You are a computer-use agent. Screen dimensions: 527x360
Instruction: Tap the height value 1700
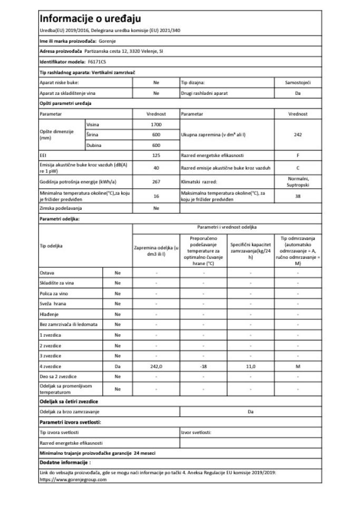coord(156,124)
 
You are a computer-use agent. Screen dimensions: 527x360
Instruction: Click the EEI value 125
coord(156,155)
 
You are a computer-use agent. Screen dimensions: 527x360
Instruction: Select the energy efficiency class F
coord(298,155)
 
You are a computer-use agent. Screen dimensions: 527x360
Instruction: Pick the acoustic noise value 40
coord(156,168)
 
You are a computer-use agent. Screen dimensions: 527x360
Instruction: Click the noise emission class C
coord(298,168)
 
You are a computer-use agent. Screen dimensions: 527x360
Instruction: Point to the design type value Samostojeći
coord(298,83)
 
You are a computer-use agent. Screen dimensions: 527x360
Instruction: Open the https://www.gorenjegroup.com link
coord(73,480)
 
